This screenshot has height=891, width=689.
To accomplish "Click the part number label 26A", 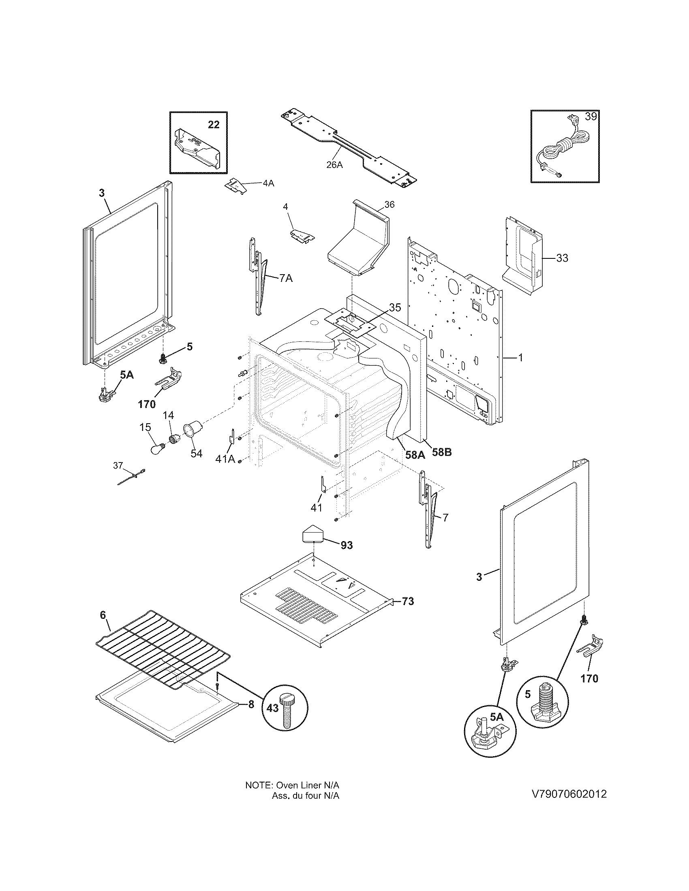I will click(x=334, y=164).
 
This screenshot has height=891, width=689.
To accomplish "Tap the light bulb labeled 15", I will click(x=156, y=449).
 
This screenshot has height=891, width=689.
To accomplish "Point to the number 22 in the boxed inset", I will click(x=214, y=125).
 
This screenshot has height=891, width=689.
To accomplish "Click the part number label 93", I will click(x=347, y=545).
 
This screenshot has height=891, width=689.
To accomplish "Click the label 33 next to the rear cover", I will click(x=562, y=258).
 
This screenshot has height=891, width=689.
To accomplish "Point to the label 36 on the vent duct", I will click(x=389, y=205).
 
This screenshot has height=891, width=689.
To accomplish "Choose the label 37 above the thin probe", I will click(x=118, y=465).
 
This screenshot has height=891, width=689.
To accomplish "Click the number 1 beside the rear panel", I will click(x=520, y=358).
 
